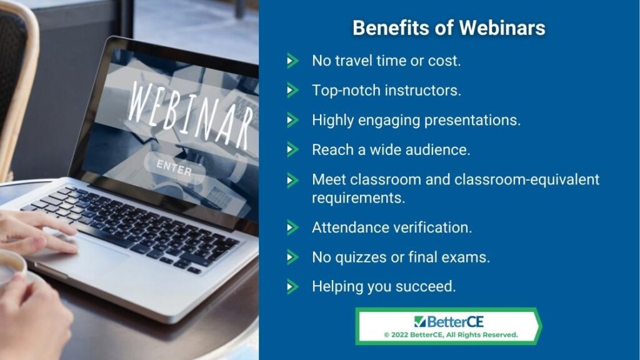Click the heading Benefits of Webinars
(449, 28)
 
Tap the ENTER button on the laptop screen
(174, 167)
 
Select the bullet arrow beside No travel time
(292, 61)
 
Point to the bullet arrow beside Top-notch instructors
(292, 90)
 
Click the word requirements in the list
(358, 198)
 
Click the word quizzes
(361, 257)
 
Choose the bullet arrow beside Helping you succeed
(292, 286)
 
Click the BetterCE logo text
(455, 322)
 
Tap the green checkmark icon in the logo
(419, 321)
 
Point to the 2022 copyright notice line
(451, 335)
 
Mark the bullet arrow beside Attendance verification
(292, 227)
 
